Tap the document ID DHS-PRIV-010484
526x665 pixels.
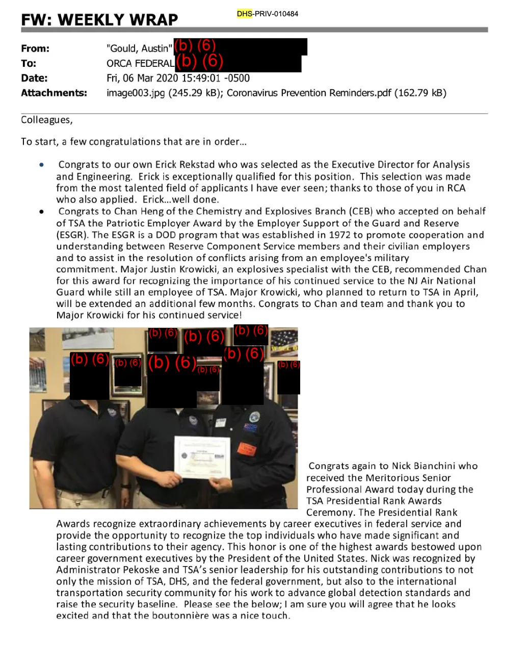pyautogui.click(x=268, y=14)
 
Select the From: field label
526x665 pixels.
pyautogui.click(x=35, y=48)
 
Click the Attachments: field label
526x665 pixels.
pyautogui.click(x=54, y=93)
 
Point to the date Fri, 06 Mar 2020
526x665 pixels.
pyautogui.click(x=142, y=78)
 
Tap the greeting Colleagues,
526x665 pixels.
pyautogui.click(x=47, y=120)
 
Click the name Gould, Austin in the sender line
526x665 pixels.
pyautogui.click(x=139, y=48)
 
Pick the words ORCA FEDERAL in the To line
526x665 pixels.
pyautogui.click(x=140, y=63)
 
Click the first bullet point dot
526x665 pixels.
pyautogui.click(x=42, y=165)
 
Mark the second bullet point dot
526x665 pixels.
pyautogui.click(x=42, y=211)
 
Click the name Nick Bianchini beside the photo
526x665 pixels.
pyautogui.click(x=424, y=466)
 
